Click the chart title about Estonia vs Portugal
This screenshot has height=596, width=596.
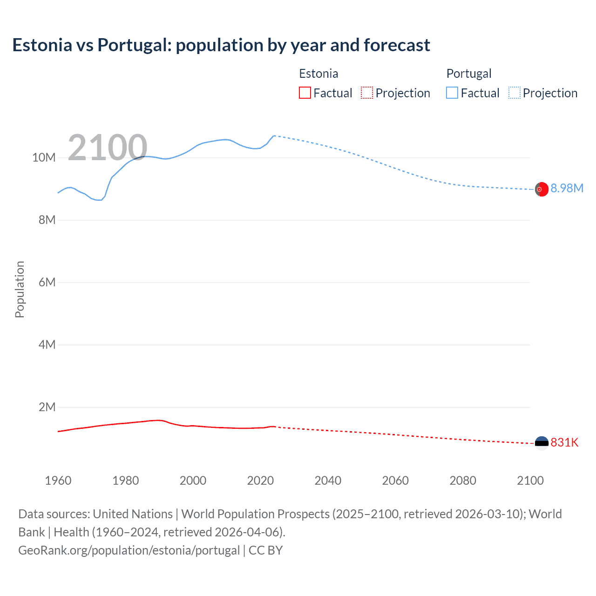pos(221,45)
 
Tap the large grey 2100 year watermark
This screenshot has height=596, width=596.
pos(108,148)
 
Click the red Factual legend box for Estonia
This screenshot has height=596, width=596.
pos(305,93)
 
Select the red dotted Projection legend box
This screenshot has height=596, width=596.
pos(367,93)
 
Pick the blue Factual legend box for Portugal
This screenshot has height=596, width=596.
pos(452,93)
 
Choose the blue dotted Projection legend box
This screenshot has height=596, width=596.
pos(515,93)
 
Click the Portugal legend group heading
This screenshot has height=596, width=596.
pos(469,74)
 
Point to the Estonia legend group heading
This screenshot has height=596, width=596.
pos(318,74)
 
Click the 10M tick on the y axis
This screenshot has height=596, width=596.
pos(44,158)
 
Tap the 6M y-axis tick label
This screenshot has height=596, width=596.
pos(47,283)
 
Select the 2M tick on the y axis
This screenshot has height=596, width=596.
pos(47,407)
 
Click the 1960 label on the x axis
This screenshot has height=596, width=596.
pos(58,481)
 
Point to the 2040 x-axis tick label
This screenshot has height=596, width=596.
pos(328,481)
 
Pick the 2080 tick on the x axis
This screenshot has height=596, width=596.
pos(463,481)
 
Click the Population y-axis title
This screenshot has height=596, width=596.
pos(20,289)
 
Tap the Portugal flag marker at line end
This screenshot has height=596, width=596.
pos(542,190)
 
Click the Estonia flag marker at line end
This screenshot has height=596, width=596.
pos(542,443)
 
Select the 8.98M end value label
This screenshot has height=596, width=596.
pos(567,188)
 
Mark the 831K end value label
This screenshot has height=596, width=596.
pos(564,442)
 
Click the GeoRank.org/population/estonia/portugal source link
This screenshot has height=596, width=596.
pos(129,550)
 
